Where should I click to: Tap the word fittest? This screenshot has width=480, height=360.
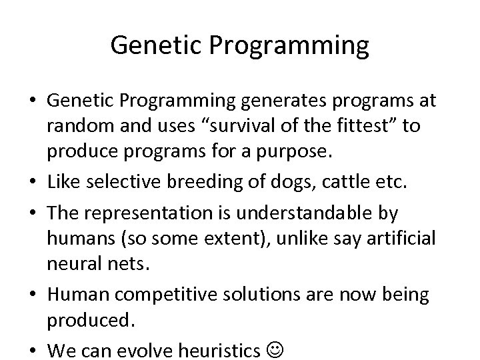coord(349,126)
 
